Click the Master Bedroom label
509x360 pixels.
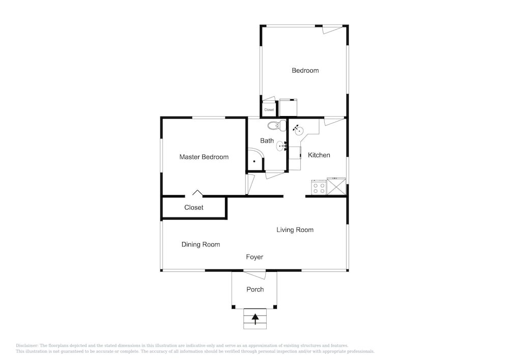[x=204, y=157]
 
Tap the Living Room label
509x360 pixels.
[x=295, y=230]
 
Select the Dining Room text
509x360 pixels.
[x=201, y=244]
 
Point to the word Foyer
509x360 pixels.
[x=254, y=257]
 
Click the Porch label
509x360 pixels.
[x=255, y=290]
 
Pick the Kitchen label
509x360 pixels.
[x=319, y=155]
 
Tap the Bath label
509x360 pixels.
[x=267, y=141]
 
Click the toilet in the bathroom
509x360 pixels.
[x=276, y=125]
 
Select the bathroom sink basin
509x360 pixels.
[x=281, y=147]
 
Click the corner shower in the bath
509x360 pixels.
[x=255, y=160]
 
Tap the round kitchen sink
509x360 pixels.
[x=299, y=130]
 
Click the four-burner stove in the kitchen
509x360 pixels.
[x=319, y=187]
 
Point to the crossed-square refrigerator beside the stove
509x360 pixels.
[x=336, y=186]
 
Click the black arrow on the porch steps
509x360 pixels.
[x=256, y=319]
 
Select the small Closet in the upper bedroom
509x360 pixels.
[x=269, y=109]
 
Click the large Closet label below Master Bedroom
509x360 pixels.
[x=194, y=207]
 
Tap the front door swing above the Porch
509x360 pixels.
[x=255, y=274]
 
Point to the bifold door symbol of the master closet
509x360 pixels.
[x=197, y=193]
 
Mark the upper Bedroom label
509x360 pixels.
[x=305, y=70]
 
